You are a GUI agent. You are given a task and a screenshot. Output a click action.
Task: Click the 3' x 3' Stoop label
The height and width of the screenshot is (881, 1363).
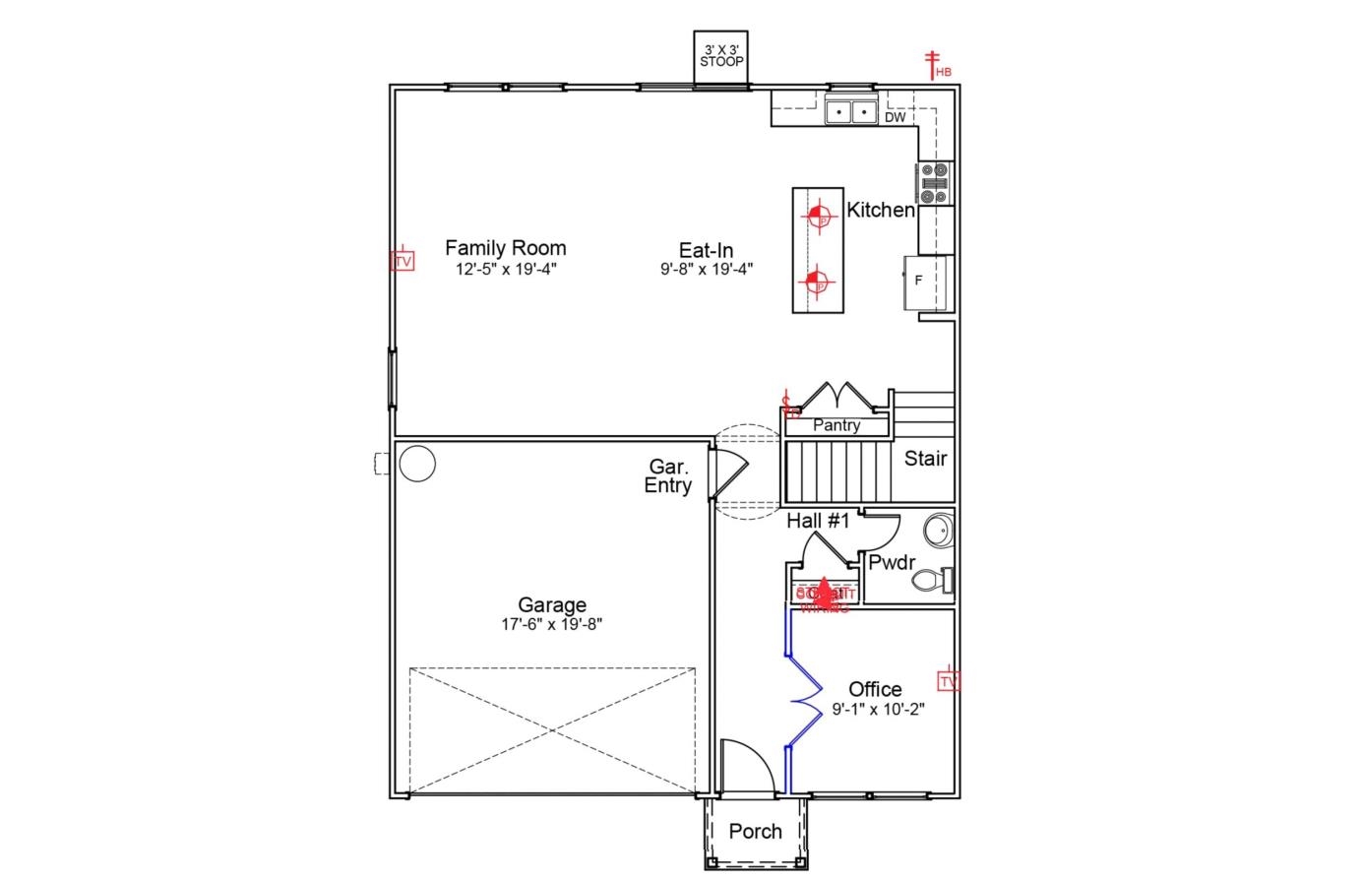721,55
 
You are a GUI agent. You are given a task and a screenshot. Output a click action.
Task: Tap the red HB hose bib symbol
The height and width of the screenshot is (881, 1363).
933,65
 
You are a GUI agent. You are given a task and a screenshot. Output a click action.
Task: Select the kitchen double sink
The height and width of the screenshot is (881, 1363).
851,112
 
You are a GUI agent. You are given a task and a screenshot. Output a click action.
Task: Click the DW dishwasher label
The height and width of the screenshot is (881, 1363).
895,117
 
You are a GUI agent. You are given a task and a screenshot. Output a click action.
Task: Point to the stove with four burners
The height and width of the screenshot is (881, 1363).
935,183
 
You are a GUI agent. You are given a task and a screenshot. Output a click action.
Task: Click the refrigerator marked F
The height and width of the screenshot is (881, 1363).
925,282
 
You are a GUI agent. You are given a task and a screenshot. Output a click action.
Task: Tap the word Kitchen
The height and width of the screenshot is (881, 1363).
881,210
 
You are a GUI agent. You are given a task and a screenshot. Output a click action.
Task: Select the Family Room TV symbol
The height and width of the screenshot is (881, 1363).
402,260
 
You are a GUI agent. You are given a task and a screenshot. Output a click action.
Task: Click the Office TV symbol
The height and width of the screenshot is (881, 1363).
949,680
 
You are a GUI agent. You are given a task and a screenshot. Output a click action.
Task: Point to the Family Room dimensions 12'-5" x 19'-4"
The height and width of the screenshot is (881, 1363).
506,269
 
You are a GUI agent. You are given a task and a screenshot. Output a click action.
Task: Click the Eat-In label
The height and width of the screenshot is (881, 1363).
706,250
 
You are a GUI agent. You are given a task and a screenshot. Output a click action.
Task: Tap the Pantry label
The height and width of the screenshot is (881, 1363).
836,425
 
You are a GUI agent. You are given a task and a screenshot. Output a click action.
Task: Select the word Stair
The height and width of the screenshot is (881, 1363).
925,458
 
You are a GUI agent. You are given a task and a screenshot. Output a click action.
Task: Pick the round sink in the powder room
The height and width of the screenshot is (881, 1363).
939,531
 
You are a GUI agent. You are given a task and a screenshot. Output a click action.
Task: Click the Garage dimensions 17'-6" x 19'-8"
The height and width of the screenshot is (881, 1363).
552,624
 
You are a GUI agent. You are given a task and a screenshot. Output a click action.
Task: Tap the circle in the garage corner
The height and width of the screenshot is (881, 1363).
416,463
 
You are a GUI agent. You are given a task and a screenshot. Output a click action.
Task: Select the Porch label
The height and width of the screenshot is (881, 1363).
756,832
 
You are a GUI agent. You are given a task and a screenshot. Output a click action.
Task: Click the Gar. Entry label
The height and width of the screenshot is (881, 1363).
668,475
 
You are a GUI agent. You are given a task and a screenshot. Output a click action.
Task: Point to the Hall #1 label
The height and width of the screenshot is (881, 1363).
817,521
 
